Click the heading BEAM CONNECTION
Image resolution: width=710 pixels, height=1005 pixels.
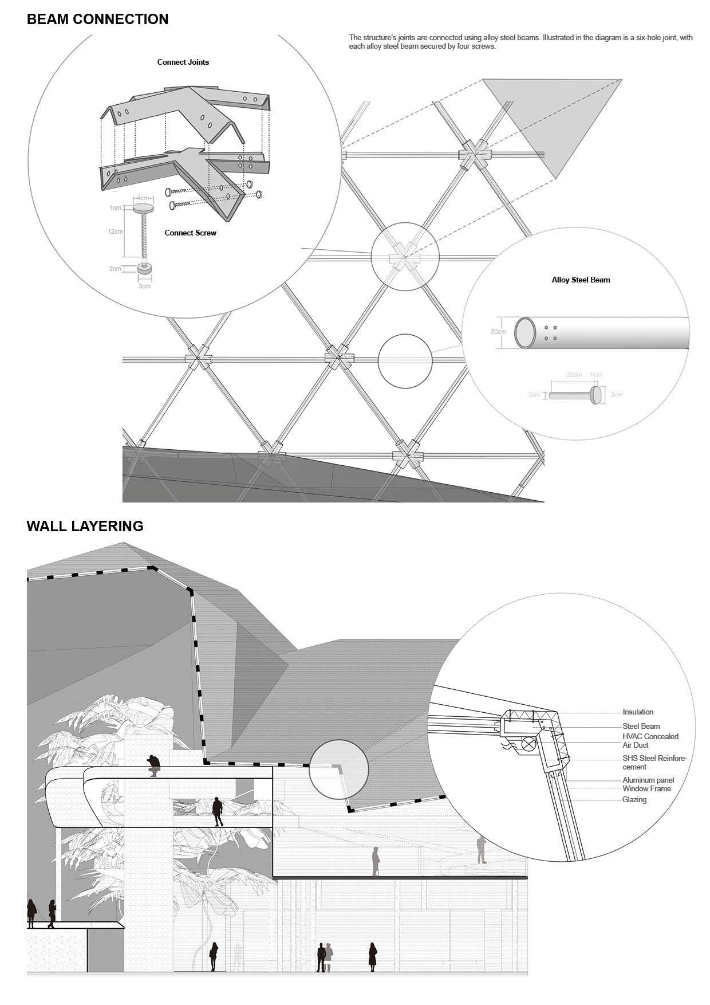pos(97,19)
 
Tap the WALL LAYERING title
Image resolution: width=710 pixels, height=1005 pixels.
pos(85,526)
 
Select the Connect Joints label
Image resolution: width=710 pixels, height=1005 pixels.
pos(183,62)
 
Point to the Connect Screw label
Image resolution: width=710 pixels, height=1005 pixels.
pos(190,233)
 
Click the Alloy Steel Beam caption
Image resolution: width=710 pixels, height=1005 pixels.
pos(581,280)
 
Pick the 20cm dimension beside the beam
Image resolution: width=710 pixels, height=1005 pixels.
pos(498,332)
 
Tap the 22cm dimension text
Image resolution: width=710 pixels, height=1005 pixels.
pos(574,375)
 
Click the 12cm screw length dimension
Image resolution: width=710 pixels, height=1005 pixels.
pos(115,231)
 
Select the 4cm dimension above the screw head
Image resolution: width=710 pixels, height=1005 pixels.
pos(143,198)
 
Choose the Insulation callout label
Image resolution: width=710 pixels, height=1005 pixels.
pos(638,712)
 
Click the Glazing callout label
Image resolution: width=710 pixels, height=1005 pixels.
pos(634,799)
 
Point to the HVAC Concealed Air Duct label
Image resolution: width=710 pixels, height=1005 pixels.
pos(650,740)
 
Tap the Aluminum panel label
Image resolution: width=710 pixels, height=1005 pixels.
pos(648,780)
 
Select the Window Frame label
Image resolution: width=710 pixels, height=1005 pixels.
pos(646,788)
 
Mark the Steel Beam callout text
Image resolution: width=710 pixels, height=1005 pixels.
pos(641,726)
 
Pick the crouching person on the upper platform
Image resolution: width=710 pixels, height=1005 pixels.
pos(153,764)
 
